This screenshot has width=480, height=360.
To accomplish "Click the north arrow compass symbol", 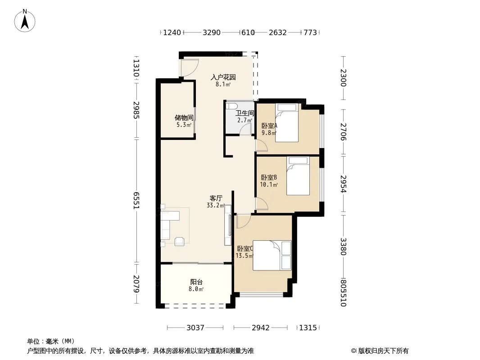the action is pyautogui.click(x=25, y=21).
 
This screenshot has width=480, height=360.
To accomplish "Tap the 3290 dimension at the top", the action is pyautogui.click(x=212, y=32).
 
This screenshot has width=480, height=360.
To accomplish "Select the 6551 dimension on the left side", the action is pyautogui.click(x=136, y=201).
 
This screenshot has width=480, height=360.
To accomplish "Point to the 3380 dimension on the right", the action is pyautogui.click(x=343, y=247).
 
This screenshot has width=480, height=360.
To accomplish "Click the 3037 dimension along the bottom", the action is pyautogui.click(x=195, y=328).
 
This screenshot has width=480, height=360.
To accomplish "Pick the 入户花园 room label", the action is pyautogui.click(x=223, y=77).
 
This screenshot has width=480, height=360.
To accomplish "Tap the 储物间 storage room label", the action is pyautogui.click(x=184, y=118).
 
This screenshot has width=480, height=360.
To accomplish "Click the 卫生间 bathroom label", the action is pyautogui.click(x=245, y=113).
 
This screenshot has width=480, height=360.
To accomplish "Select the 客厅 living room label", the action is pyautogui.click(x=216, y=198).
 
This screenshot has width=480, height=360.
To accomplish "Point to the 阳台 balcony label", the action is pyautogui.click(x=196, y=282).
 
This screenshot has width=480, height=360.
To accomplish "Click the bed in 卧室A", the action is pyautogui.click(x=287, y=123).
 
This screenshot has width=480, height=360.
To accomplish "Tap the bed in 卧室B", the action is pyautogui.click(x=298, y=176).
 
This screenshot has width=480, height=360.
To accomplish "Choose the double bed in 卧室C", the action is pyautogui.click(x=272, y=256).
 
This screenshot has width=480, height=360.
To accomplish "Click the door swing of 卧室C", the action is pyautogui.click(x=244, y=221).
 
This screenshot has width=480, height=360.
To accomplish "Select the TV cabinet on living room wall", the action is pyautogui.click(x=228, y=225).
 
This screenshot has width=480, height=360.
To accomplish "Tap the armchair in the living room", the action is pyautogui.click(x=179, y=241).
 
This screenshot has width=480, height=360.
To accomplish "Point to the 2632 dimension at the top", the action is pyautogui.click(x=278, y=32).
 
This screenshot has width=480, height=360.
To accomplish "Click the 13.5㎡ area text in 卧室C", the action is pyautogui.click(x=245, y=256).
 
